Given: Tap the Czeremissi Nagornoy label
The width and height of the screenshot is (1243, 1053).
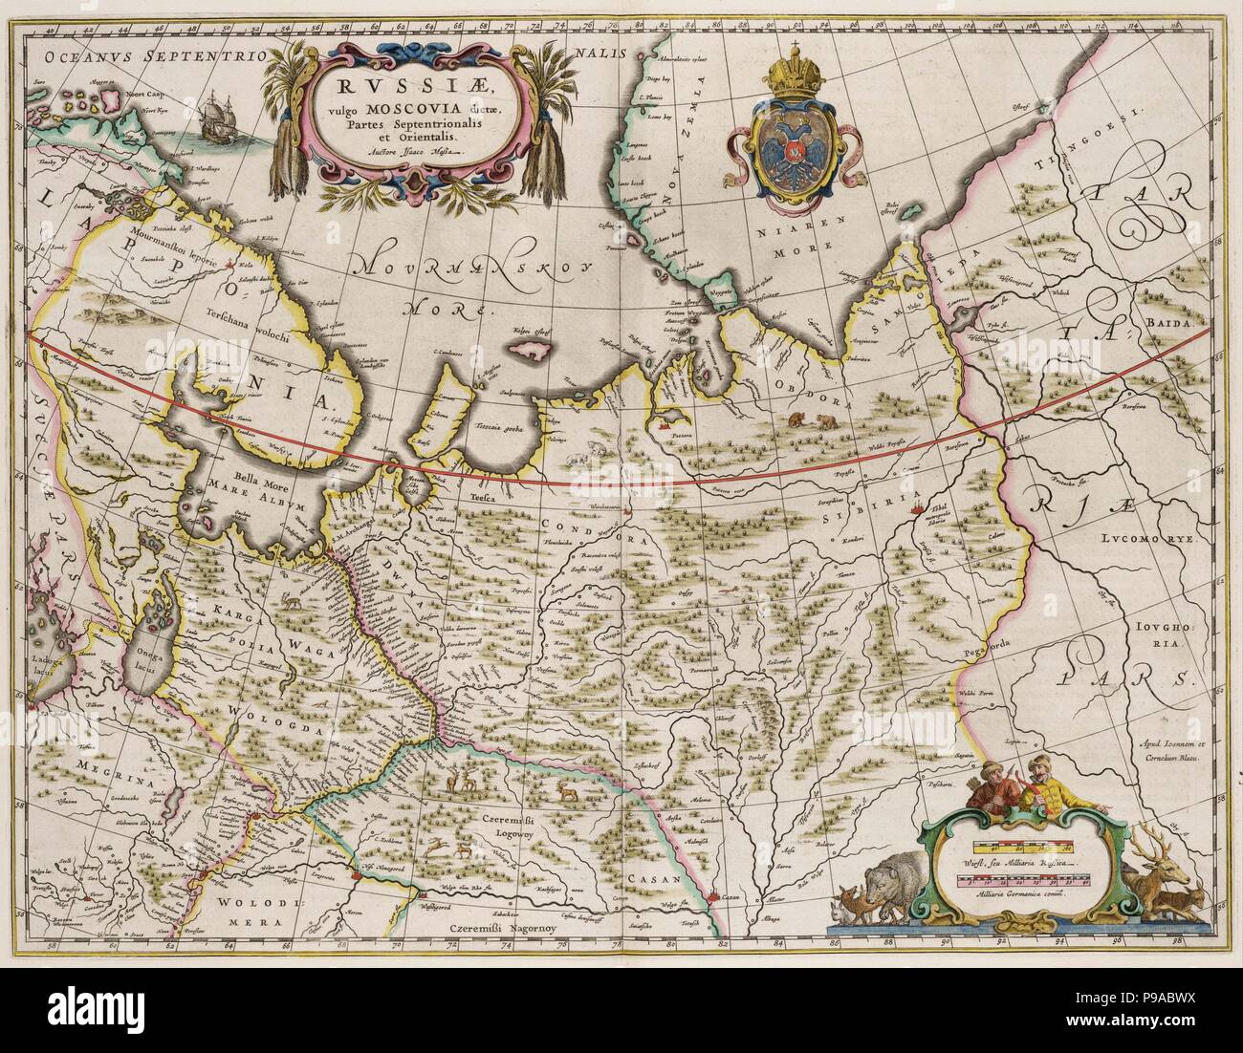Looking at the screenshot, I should (x=505, y=928).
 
